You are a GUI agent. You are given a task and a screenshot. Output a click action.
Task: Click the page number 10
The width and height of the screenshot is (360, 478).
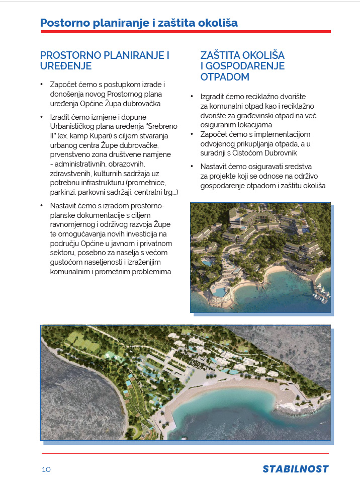[x=46, y=469]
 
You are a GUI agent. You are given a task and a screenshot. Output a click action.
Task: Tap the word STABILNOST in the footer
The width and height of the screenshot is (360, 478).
[x=295, y=469]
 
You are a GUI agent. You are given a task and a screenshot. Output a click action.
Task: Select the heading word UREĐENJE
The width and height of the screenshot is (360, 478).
[x=66, y=66]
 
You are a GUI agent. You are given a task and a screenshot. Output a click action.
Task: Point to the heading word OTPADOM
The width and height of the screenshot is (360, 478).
[x=225, y=77]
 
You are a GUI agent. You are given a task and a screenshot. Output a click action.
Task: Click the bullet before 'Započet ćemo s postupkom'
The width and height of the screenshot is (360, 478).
[x=42, y=85]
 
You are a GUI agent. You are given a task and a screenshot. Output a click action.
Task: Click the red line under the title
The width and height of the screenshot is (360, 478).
[x=186, y=32]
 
